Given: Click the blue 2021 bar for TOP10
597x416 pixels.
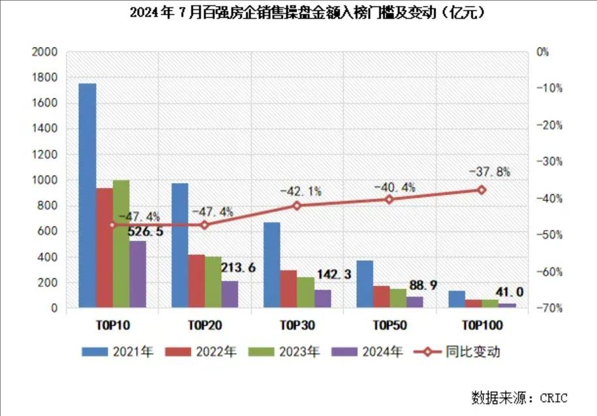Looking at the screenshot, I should click(x=87, y=196).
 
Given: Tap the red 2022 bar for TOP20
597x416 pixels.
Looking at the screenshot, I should click(x=196, y=281).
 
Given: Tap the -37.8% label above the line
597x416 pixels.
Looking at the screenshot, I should click(x=489, y=172).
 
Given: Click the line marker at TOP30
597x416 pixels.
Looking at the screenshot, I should click(x=297, y=205).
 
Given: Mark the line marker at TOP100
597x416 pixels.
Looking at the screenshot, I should click(x=482, y=190).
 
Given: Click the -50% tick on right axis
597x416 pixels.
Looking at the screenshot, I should click(x=545, y=235).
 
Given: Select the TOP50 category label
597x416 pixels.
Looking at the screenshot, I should click(x=390, y=324).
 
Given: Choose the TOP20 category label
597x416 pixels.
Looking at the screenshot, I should click(x=205, y=324).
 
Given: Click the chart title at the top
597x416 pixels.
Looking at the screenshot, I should click(x=298, y=12).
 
